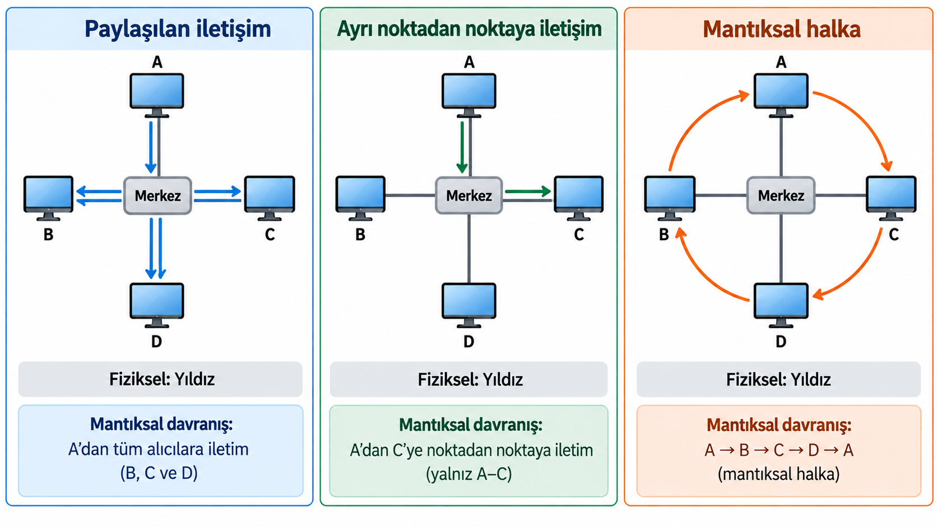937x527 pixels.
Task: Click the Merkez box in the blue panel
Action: coord(157,195)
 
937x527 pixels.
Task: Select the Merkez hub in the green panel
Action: coord(469,195)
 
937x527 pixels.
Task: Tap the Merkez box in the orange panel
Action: coord(781,195)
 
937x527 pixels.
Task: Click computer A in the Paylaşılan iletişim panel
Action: coord(157,95)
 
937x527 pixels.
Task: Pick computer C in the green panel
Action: coord(578,198)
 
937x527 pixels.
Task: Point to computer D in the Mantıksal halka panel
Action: coord(781,305)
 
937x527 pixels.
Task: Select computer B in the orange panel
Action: coord(670,198)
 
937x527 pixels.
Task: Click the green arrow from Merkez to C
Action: coord(528,192)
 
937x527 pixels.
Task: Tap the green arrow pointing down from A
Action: coord(462,147)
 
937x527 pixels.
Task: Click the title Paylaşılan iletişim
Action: coord(178,29)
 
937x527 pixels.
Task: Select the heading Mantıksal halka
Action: coord(781,29)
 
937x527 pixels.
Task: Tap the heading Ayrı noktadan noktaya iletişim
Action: coord(469,29)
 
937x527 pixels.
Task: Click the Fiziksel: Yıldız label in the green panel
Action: coord(470,380)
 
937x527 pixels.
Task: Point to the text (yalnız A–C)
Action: coord(469,474)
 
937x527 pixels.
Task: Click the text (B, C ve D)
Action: coord(159,473)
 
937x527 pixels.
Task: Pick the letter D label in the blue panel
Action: coord(156,342)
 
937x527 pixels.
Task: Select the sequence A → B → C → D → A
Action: coord(779,450)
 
